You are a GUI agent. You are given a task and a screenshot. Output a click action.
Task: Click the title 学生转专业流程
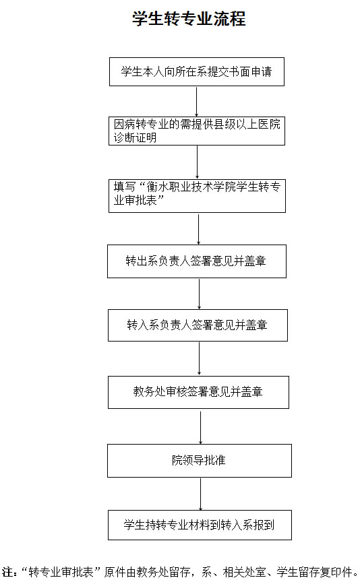coord(189,18)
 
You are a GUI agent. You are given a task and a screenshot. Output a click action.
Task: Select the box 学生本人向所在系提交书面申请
coord(197,72)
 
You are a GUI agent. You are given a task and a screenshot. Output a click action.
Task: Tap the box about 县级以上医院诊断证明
coord(197,131)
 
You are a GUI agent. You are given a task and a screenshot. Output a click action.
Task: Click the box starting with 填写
coord(197,196)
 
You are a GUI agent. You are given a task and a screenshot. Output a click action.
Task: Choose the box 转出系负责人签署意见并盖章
coord(197,261)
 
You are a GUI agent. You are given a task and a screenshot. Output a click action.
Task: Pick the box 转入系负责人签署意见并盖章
coord(198,325)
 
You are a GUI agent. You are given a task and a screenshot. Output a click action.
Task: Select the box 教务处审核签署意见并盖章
coord(198,392)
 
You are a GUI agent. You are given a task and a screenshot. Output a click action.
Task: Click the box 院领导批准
coord(200,461)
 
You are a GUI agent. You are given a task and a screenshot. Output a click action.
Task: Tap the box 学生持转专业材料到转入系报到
coord(200,525)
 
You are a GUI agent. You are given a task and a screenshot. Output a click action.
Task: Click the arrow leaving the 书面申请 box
coord(196,102)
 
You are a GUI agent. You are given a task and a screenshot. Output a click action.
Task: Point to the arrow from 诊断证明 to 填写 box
coord(197,162)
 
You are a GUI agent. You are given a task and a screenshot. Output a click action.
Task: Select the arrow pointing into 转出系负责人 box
coord(198,228)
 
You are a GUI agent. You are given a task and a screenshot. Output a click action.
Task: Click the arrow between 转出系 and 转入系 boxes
coord(200,294)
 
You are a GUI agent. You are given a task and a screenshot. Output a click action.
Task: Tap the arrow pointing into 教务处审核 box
coord(200,358)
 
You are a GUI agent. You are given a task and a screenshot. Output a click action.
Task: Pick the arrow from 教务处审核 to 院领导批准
coord(201,426)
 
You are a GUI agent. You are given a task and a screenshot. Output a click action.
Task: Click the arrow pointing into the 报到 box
coord(201,494)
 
